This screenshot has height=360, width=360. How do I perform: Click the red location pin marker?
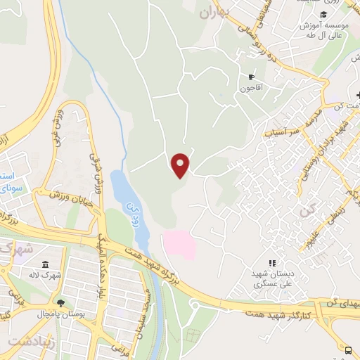[181, 165]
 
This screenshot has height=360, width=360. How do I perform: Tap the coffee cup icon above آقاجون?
[251, 77]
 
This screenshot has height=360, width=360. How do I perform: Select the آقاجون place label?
[251, 89]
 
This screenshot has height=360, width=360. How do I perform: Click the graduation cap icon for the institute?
[323, 15]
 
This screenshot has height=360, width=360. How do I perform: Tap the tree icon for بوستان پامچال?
[60, 303]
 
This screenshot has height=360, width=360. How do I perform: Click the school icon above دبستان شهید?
[271, 262]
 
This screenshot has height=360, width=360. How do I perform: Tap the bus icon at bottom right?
[349, 349]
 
